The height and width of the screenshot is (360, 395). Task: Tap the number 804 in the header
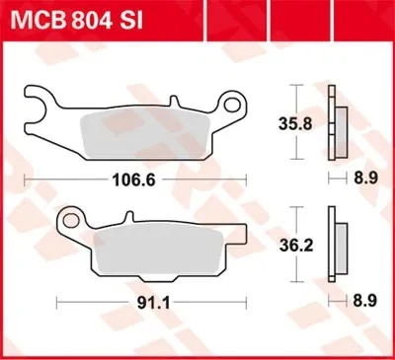tap(100, 17)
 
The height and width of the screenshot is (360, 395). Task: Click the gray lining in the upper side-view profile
tap(343, 126)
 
